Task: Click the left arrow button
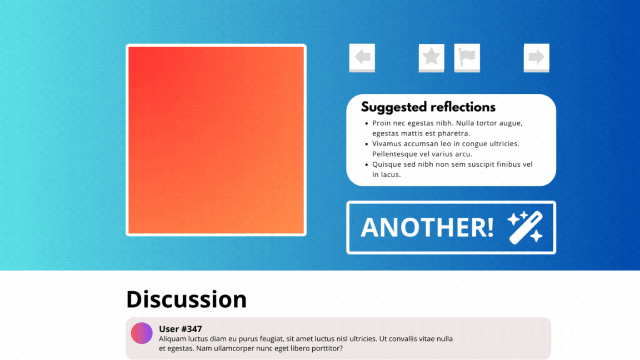[x=362, y=57]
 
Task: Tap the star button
[x=431, y=57]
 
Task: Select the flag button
[x=467, y=57]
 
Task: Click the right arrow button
[x=536, y=57]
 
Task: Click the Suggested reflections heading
[x=428, y=107]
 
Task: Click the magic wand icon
[x=525, y=227]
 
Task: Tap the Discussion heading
[x=186, y=299]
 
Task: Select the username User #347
[x=180, y=329]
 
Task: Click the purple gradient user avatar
[x=142, y=333]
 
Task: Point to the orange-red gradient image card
[x=216, y=140]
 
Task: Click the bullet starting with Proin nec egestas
[x=447, y=128]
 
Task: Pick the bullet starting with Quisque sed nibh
[x=452, y=169]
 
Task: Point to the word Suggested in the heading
[x=394, y=107]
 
